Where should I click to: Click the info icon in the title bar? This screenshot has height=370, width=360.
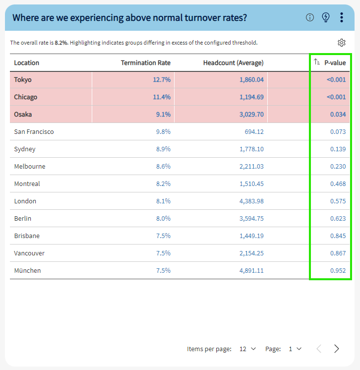tap(310, 17)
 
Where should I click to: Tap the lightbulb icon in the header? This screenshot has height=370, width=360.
tap(326, 17)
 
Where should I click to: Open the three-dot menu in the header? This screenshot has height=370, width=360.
tap(342, 17)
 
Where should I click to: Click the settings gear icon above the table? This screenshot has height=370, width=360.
tap(341, 43)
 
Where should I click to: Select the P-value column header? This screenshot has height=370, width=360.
tap(335, 62)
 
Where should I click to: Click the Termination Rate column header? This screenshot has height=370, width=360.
tap(146, 62)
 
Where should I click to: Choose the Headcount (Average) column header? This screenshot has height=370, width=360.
tap(233, 62)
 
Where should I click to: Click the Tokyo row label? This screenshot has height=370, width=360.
tap(23, 79)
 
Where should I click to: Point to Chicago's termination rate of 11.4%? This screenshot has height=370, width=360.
tap(162, 97)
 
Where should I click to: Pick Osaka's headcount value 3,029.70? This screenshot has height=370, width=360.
tap(251, 114)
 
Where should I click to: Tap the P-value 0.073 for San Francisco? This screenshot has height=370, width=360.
tap(338, 131)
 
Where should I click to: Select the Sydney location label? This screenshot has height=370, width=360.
tap(25, 149)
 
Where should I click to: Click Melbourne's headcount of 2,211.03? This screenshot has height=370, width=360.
tap(251, 166)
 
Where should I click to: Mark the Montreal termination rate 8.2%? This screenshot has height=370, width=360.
tap(163, 184)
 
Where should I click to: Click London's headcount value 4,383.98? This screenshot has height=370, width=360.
tap(251, 201)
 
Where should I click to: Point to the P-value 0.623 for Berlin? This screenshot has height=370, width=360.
tap(338, 218)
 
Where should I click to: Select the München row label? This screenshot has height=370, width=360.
tap(27, 270)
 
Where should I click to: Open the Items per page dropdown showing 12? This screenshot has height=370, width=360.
tap(247, 349)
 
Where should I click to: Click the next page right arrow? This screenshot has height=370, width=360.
tap(337, 349)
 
